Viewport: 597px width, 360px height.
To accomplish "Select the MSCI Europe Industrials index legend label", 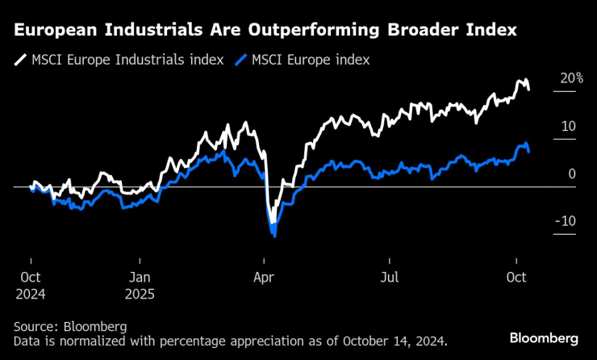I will pos(127,61).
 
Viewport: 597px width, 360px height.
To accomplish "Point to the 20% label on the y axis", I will pos(572,78).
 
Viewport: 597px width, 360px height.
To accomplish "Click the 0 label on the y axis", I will pos(571,174).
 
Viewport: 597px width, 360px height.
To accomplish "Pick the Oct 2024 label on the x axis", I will pos(30,283).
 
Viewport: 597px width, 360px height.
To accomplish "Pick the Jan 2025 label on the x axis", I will pos(140,283).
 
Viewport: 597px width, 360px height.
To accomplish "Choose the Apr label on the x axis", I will pos(264,276).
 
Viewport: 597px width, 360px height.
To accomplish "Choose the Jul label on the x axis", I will pos(389,276).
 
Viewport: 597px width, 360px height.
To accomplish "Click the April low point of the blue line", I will pos(275,236).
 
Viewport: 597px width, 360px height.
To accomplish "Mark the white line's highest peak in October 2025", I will pos(525,80).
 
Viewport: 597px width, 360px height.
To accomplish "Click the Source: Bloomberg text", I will pos(70,327).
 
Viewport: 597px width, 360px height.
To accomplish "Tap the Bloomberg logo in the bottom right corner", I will pos(544,337).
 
